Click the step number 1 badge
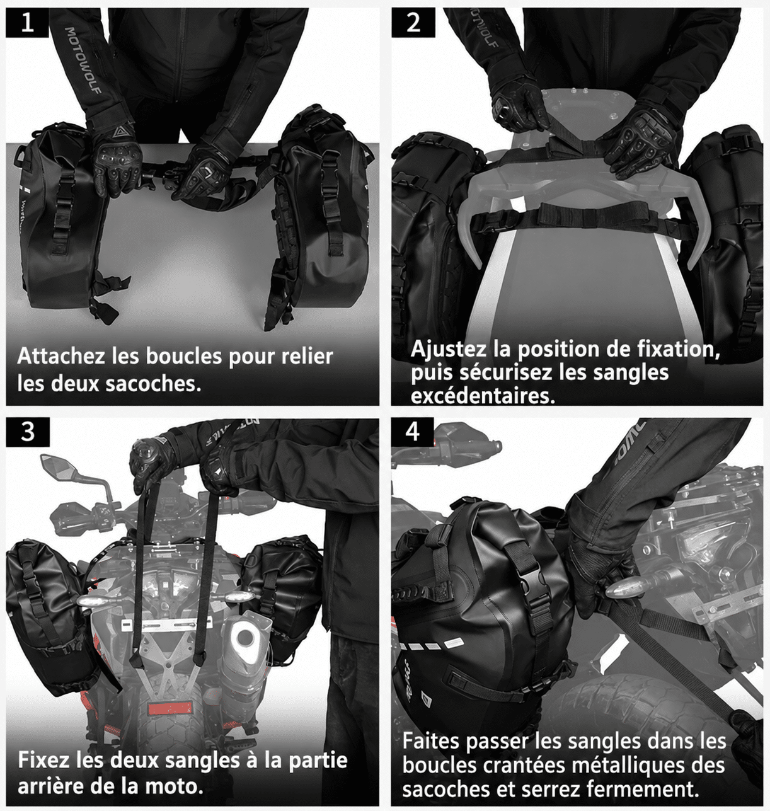(27, 23)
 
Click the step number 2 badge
(413, 23)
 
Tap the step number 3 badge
(27, 432)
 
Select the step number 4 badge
(413, 432)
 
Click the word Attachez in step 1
(61, 356)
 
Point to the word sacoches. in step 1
(154, 383)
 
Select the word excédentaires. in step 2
(483, 396)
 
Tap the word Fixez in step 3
(43, 760)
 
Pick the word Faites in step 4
(432, 741)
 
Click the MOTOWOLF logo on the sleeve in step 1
(83, 60)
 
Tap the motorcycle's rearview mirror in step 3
(58, 466)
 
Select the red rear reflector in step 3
(170, 709)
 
